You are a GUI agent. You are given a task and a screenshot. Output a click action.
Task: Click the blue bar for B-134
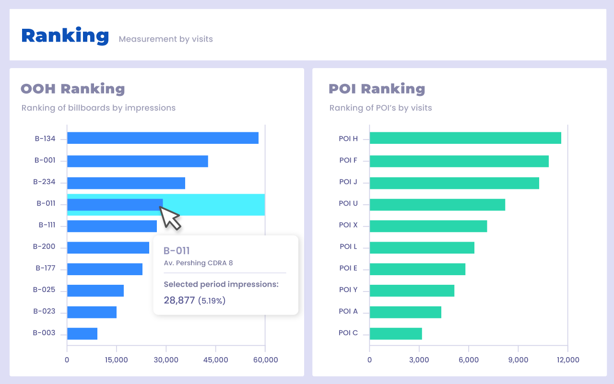click(163, 138)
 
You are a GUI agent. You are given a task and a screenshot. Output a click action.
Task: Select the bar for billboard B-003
click(82, 334)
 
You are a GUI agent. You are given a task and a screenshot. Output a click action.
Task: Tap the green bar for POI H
click(465, 138)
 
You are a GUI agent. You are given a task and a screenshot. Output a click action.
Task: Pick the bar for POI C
click(396, 334)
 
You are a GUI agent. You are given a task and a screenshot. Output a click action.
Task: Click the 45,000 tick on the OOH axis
click(215, 360)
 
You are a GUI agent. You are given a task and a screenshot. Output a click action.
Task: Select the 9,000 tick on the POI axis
click(518, 360)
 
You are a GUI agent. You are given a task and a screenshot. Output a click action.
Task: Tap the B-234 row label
click(44, 182)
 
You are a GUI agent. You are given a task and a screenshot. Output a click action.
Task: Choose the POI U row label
click(348, 203)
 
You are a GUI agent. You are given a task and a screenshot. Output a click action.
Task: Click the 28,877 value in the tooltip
click(179, 301)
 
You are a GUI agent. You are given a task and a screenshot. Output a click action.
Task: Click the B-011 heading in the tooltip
click(177, 250)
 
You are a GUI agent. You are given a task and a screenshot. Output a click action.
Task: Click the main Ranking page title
click(65, 36)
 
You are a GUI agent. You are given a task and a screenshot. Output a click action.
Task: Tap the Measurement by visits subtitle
click(165, 39)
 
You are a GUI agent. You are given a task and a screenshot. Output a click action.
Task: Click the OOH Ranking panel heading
click(73, 89)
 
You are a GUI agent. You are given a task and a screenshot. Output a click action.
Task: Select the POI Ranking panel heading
click(377, 89)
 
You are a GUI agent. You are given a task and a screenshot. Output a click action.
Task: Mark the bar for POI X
click(428, 226)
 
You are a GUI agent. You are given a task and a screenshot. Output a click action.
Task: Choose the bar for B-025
click(95, 291)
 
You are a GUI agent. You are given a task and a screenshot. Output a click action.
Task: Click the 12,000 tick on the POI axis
click(567, 360)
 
